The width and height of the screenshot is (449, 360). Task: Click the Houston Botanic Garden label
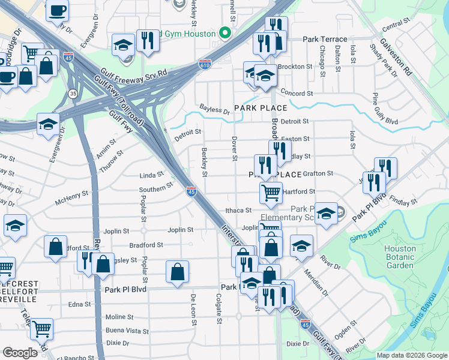pos(400,257)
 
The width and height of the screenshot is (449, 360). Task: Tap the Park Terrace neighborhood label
pos(325,39)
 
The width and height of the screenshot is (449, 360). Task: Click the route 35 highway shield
pos(73,94)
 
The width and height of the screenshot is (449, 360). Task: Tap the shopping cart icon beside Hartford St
pos(271,193)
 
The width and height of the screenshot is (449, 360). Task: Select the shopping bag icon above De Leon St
pos(178,271)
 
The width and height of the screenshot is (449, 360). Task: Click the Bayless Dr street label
pos(215,110)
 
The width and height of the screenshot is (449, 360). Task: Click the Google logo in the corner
pos(20,353)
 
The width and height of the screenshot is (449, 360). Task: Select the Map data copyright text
pos(411,355)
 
